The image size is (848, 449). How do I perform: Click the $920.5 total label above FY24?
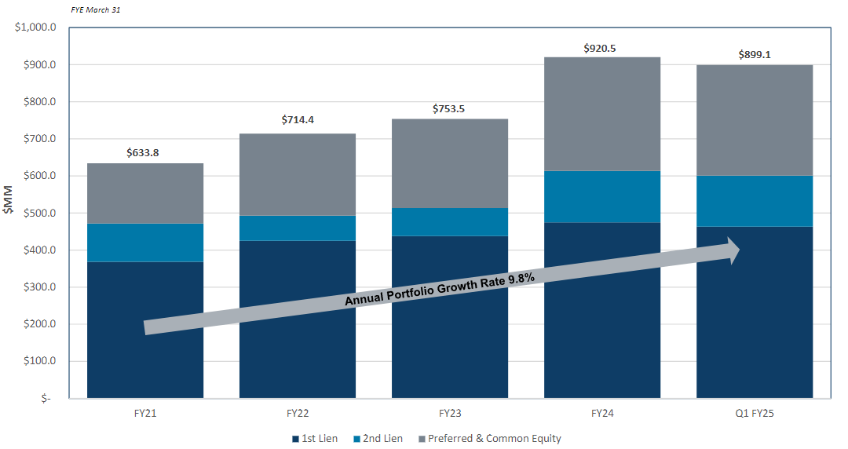600,48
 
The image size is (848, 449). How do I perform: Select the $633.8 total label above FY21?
143,153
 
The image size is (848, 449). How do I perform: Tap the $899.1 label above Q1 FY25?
755,55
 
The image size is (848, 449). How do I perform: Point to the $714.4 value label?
298,120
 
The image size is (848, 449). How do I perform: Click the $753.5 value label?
448,108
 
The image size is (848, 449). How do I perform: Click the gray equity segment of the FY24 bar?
602,114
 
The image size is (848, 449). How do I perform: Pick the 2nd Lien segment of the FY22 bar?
298,228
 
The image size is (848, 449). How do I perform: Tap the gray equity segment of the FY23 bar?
450,163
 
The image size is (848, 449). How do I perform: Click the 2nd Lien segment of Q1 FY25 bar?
755,201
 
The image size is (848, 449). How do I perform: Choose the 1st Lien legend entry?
314,439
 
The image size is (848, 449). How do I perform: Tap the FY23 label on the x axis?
450,412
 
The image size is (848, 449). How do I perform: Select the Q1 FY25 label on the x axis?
755,412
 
